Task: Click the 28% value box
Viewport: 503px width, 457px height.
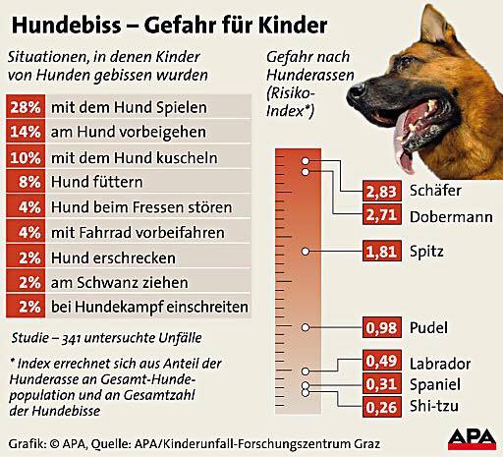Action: [26, 107]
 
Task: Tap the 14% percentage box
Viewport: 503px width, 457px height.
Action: [26, 132]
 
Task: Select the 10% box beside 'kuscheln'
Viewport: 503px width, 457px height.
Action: [26, 157]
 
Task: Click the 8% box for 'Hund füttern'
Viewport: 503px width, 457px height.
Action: [26, 182]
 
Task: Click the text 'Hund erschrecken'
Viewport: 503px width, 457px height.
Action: [113, 257]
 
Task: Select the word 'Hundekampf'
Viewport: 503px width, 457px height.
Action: [119, 307]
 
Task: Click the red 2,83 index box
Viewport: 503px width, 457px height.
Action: [382, 191]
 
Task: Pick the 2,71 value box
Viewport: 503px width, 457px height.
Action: [382, 215]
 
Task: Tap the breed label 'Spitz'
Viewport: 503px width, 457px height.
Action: [426, 252]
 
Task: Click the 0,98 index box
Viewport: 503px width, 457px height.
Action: [382, 327]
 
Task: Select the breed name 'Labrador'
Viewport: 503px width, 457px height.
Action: [440, 364]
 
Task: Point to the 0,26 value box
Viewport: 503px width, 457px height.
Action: [382, 407]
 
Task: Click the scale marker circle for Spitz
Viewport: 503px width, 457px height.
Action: [306, 252]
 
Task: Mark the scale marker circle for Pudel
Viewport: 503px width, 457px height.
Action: [306, 327]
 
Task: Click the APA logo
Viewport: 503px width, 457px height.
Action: [473, 439]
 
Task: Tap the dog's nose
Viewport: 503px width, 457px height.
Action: [356, 91]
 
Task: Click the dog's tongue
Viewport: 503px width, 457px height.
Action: [404, 149]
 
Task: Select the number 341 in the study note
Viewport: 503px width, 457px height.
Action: [71, 338]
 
